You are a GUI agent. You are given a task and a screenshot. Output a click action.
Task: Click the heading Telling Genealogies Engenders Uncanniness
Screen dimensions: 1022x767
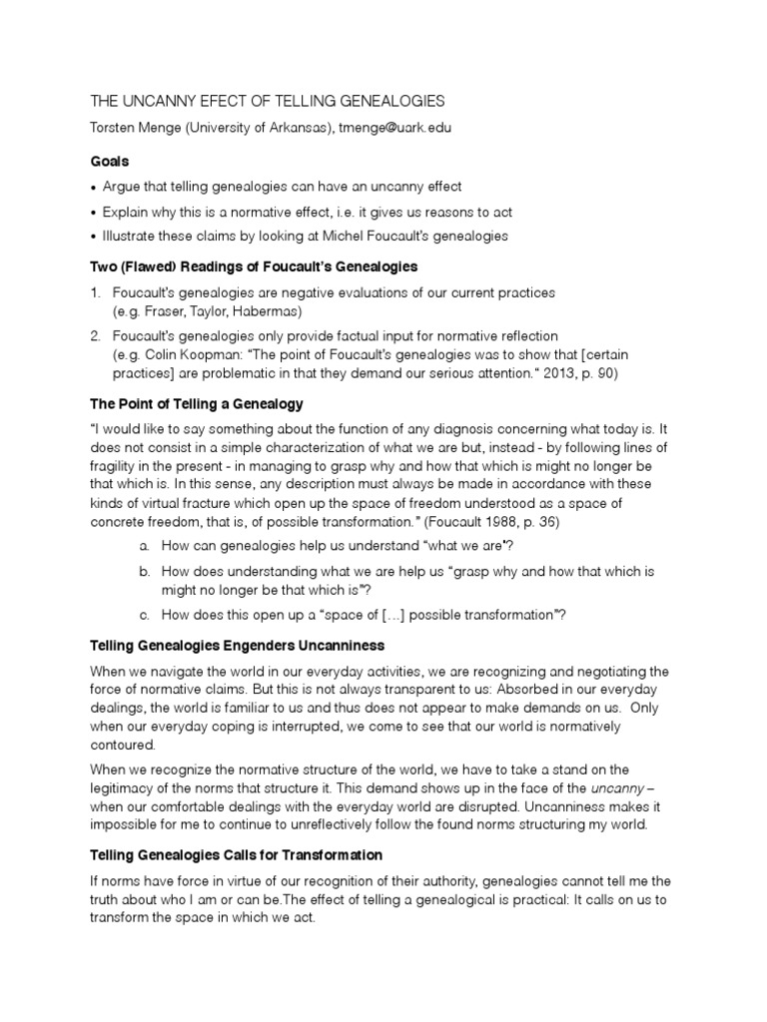238,647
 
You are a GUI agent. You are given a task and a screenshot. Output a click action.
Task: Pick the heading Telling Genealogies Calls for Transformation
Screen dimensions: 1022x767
237,855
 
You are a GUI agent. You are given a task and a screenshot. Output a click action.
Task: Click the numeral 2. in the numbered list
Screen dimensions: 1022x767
96,335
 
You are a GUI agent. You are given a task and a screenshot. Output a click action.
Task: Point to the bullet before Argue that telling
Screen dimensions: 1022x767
94,187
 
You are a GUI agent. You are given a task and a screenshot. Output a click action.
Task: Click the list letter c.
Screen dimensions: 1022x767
145,614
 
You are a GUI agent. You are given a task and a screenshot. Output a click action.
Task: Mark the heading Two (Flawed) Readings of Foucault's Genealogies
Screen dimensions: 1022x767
254,266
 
